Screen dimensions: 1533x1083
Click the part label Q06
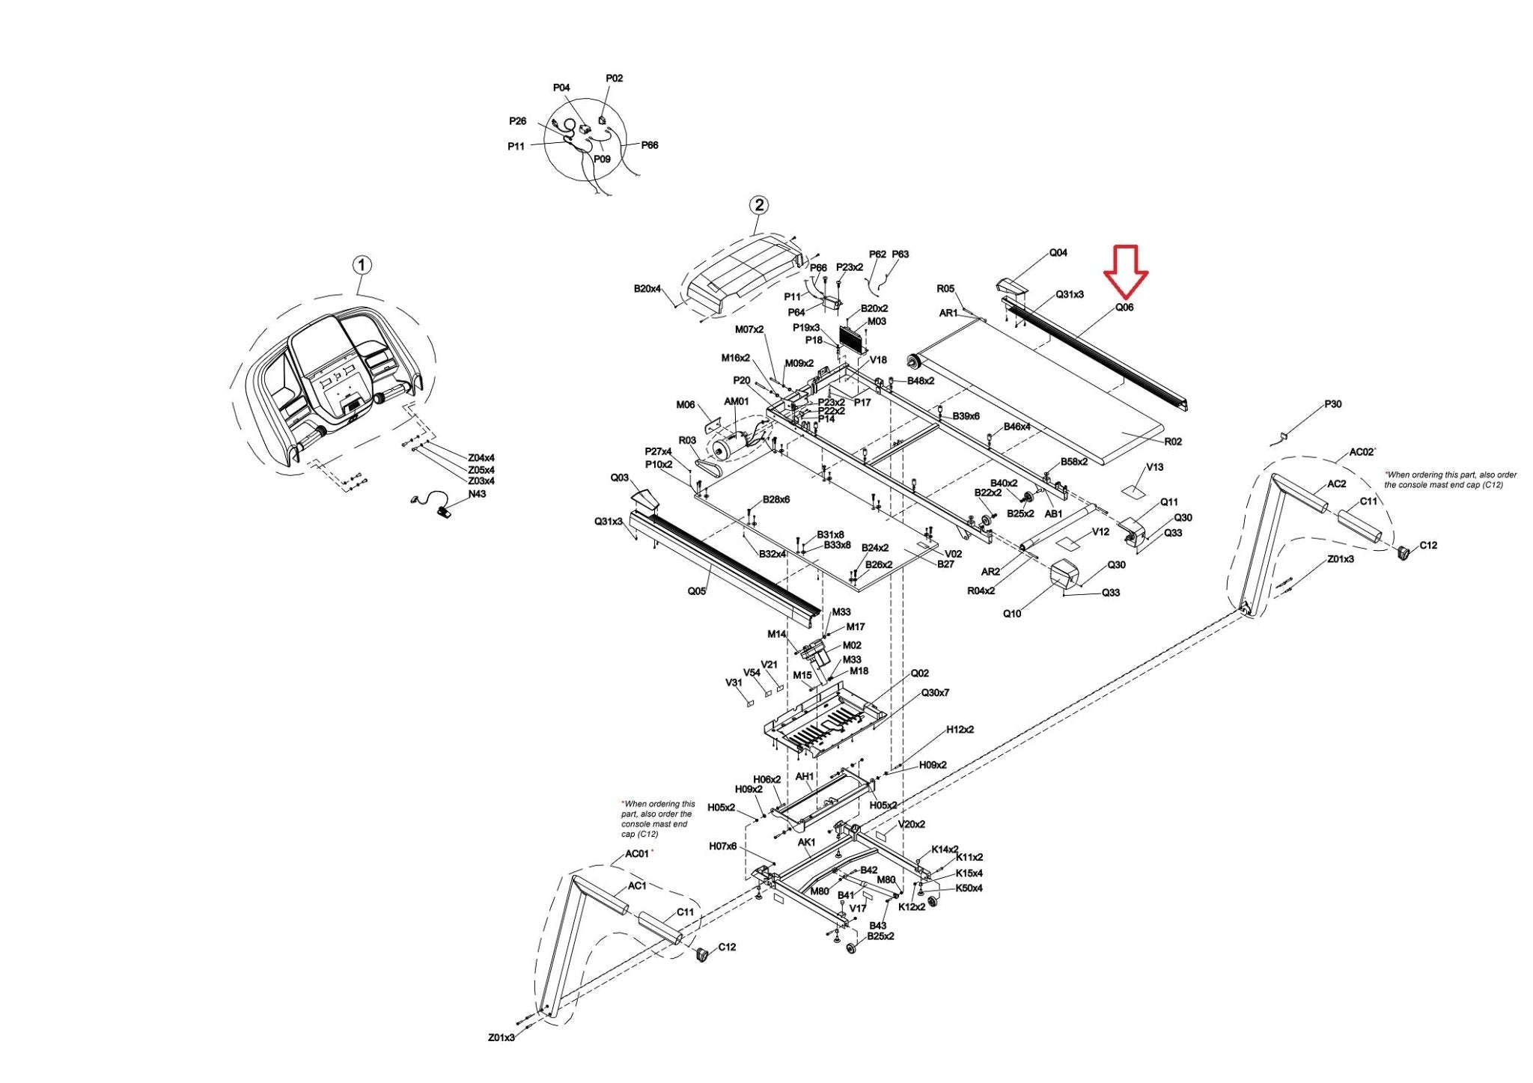[x=1124, y=307]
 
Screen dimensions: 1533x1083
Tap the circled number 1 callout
[x=362, y=265]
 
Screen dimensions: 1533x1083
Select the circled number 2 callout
[x=759, y=205]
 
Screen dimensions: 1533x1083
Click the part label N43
[x=477, y=494]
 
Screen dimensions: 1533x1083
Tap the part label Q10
[x=1011, y=614]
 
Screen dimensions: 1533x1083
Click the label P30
[x=1332, y=404]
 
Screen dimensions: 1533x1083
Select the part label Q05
[x=697, y=591]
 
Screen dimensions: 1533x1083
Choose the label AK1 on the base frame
[x=806, y=843]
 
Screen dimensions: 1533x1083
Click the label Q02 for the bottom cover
[x=919, y=674]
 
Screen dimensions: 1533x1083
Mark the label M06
[x=686, y=406]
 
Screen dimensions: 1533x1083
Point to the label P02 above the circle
[x=614, y=79]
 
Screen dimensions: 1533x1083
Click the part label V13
[x=1154, y=467]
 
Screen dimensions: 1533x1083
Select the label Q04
[x=1058, y=253]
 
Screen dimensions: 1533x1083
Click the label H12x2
[x=960, y=730]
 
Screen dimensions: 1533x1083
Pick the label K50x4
[x=969, y=888]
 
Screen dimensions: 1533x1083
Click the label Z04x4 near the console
[x=481, y=458]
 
